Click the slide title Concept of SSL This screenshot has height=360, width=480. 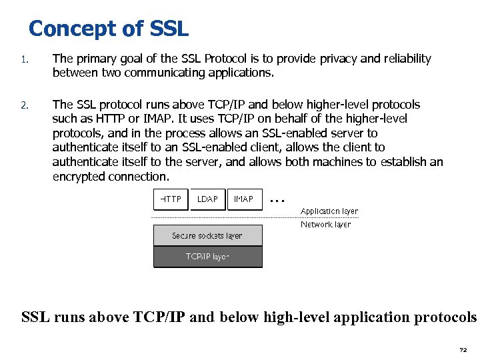(x=109, y=29)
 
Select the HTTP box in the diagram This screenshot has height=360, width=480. (x=171, y=199)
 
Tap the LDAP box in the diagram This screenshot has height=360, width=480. (x=207, y=199)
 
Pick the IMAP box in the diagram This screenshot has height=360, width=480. (x=243, y=199)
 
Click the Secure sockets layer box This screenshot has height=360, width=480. (x=207, y=235)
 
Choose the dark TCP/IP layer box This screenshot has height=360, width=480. (x=207, y=257)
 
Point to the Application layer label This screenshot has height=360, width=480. (x=329, y=211)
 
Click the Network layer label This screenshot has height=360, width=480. (x=325, y=225)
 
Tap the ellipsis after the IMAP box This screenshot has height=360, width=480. (x=278, y=199)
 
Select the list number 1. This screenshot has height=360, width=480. (x=23, y=59)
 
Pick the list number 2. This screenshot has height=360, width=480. (x=23, y=105)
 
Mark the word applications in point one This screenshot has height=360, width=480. (x=237, y=73)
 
